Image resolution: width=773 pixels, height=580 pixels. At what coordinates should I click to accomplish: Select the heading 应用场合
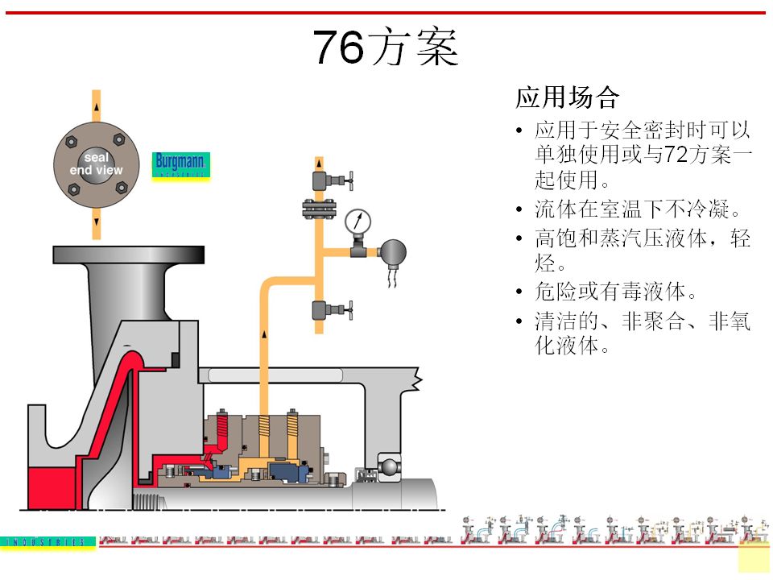[x=567, y=98]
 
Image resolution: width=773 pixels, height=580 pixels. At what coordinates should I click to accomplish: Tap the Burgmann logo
[x=180, y=165]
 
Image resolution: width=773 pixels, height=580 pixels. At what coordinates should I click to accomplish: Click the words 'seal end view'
[x=97, y=164]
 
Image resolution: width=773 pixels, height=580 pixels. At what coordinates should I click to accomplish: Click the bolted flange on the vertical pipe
[x=319, y=208]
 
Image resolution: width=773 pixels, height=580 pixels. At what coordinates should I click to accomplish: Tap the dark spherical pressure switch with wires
[x=393, y=253]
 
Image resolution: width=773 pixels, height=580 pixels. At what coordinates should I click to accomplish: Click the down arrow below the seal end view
[x=97, y=221]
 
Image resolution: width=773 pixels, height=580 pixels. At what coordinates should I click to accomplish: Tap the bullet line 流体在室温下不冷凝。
[x=637, y=210]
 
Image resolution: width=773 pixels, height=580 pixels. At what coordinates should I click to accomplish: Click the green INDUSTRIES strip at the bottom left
[x=48, y=542]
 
